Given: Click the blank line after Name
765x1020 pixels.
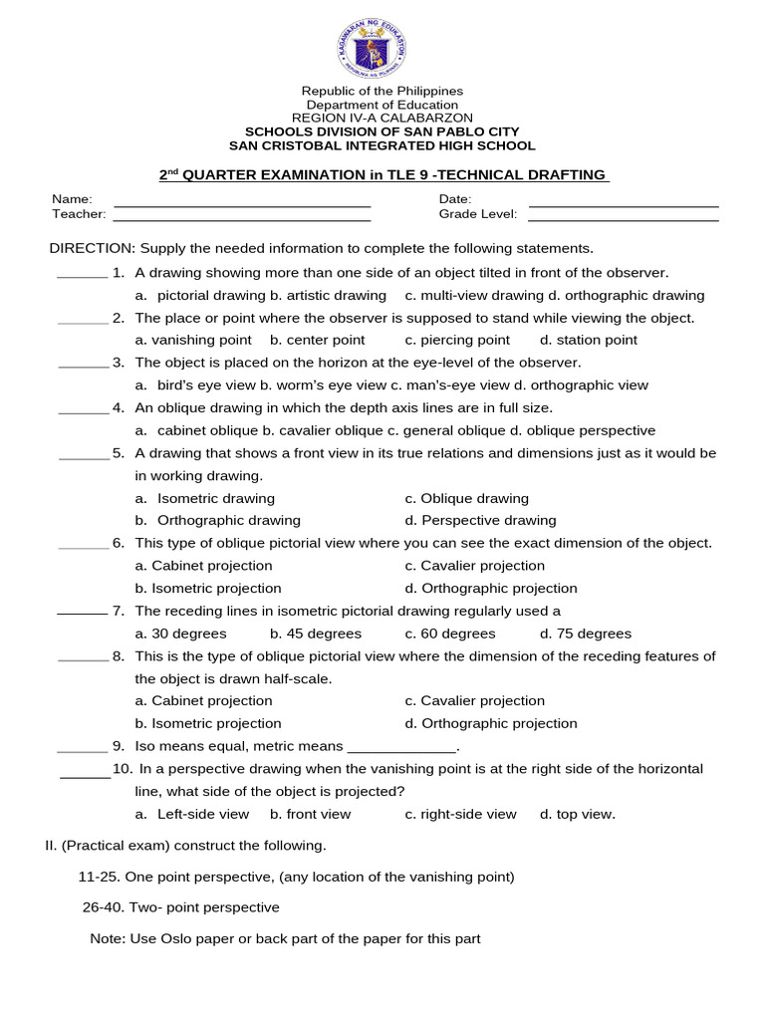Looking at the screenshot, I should (x=242, y=204).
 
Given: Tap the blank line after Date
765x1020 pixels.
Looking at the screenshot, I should (x=624, y=204).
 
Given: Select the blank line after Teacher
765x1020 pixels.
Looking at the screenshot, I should (x=242, y=219).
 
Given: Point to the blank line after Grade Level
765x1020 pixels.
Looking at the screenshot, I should (x=624, y=219).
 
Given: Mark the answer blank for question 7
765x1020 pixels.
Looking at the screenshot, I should (x=82, y=615).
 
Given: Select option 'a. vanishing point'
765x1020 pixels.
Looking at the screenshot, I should (x=193, y=340).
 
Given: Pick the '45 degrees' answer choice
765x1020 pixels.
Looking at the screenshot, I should (x=316, y=634).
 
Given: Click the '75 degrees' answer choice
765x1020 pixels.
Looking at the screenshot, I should (x=586, y=634).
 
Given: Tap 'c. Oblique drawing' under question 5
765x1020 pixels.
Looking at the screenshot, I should (x=467, y=498).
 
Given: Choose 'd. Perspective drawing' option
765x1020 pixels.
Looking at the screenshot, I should (x=481, y=520).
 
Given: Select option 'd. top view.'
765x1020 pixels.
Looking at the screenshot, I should (x=578, y=814).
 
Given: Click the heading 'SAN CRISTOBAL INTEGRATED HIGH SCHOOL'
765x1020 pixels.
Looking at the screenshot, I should (x=382, y=145).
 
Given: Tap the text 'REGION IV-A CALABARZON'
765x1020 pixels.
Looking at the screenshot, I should (x=382, y=118).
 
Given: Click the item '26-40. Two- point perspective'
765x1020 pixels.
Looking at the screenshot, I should (x=180, y=907).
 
